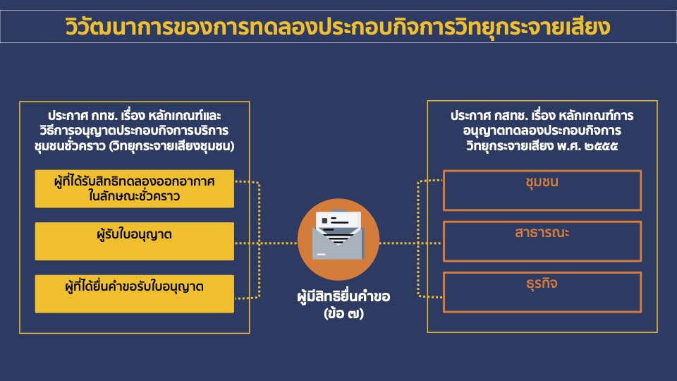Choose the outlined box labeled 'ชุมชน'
[542, 190]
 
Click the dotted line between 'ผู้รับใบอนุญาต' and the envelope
[268, 243]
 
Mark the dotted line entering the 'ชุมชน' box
[432, 181]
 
